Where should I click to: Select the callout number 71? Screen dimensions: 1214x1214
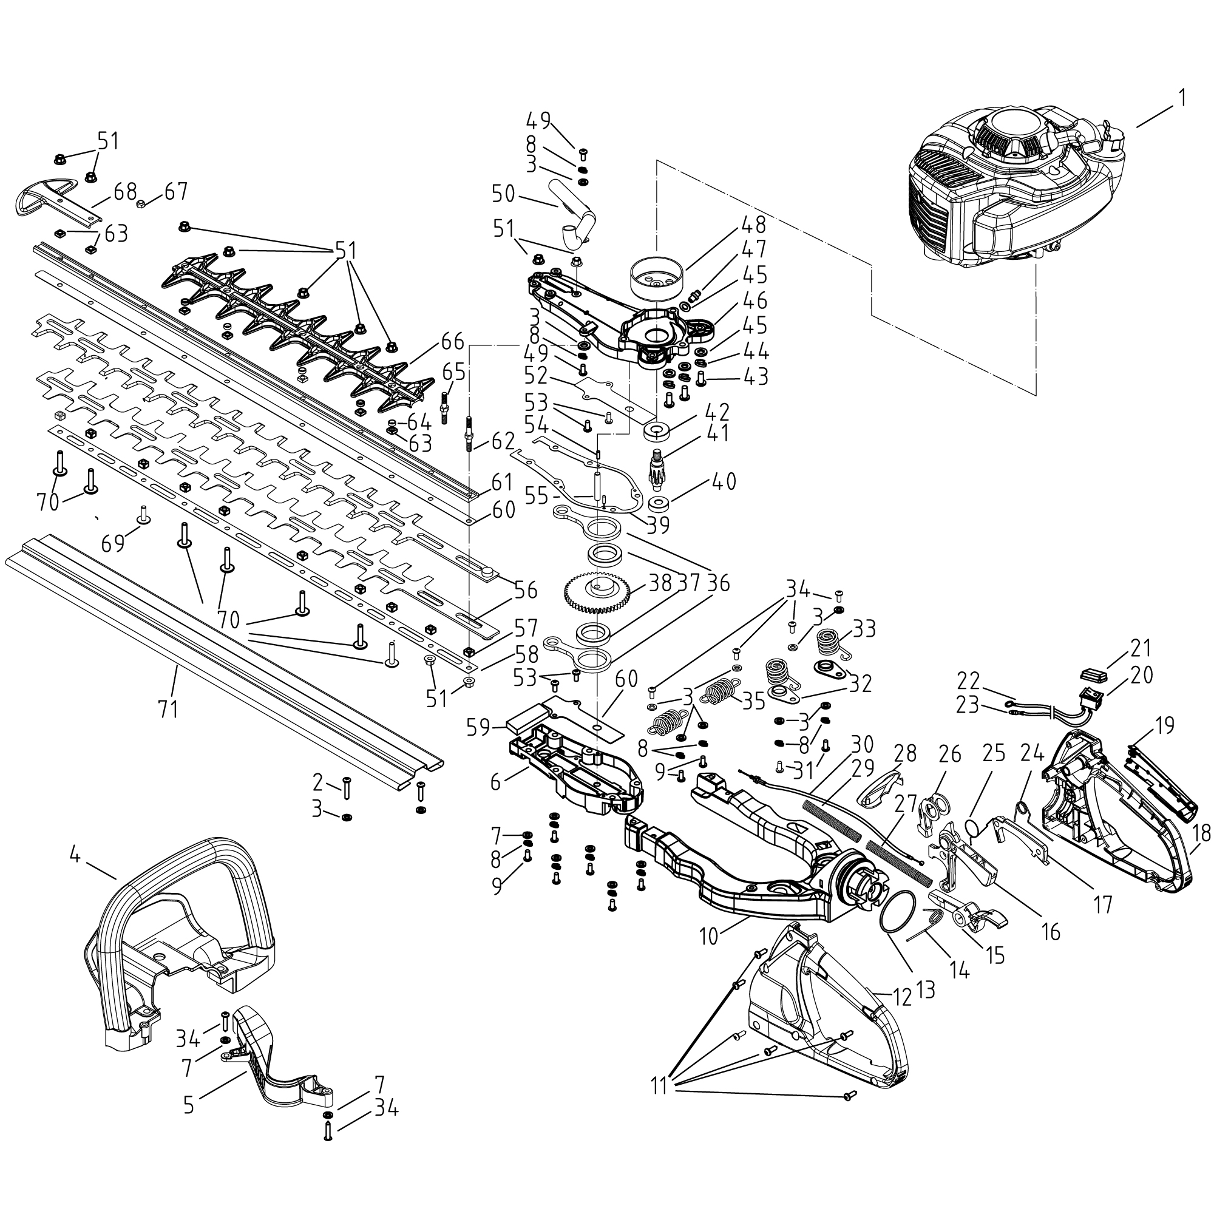pyautogui.click(x=168, y=709)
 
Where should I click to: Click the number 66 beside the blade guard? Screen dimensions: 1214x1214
pyautogui.click(x=452, y=343)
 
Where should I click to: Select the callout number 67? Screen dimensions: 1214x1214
pyautogui.click(x=176, y=191)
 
